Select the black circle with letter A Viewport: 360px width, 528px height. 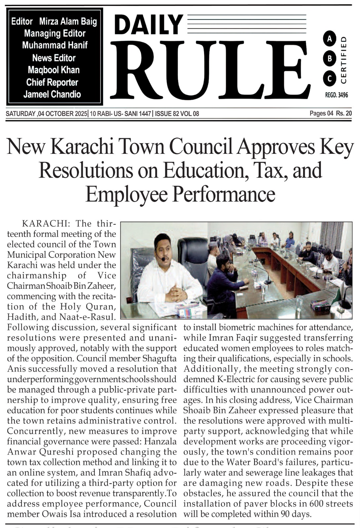pos(329,39)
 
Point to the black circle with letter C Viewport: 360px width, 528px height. pos(329,78)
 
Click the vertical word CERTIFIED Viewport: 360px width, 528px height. pos(343,59)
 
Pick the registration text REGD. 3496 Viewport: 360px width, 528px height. pos(336,95)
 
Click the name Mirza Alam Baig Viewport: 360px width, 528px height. pos(68,22)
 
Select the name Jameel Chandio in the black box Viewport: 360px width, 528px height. pos(52,94)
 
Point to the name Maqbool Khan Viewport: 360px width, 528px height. pos(54,70)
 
